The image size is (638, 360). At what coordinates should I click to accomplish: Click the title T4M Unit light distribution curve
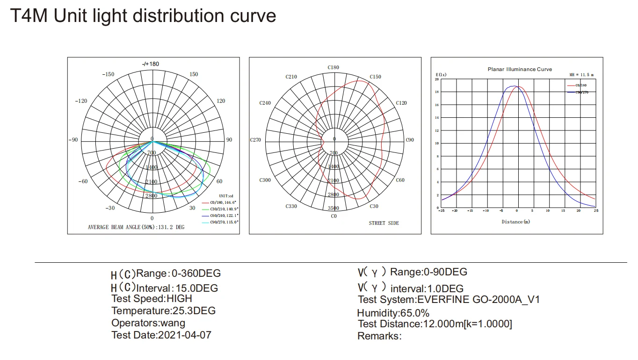[x=143, y=16]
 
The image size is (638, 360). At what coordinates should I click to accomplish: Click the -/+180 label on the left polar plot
[x=150, y=64]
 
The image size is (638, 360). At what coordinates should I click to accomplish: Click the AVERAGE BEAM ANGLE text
[x=136, y=227]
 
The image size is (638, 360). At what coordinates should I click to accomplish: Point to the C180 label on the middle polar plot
[x=333, y=68]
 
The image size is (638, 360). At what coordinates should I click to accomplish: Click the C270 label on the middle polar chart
[x=255, y=140]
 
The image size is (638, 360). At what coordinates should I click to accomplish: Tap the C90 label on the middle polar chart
[x=410, y=140]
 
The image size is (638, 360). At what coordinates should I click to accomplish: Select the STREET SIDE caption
[x=384, y=223]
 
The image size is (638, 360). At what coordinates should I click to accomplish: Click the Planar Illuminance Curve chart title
[x=520, y=69]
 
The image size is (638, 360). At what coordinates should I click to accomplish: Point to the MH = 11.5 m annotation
[x=581, y=75]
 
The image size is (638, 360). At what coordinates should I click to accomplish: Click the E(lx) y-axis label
[x=441, y=75]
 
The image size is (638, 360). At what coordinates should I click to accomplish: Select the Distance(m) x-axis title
[x=516, y=222]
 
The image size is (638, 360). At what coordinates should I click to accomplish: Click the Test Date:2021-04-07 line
[x=161, y=335]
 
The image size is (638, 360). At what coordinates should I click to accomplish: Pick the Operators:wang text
[x=148, y=323]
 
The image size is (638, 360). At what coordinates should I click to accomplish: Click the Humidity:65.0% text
[x=393, y=313]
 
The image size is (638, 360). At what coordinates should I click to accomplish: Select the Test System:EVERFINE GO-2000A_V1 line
[x=449, y=300]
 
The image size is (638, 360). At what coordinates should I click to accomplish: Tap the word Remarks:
[x=379, y=336]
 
